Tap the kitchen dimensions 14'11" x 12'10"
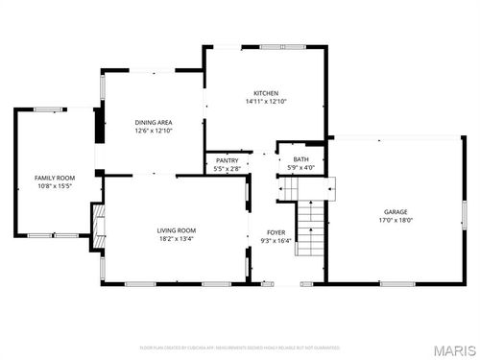coord(266,101)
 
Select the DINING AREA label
coord(153,122)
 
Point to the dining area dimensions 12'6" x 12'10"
coord(153,131)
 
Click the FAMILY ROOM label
coord(55,178)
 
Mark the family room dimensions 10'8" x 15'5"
coord(55,186)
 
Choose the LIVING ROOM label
coord(177,230)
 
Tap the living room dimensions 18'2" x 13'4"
coord(177,239)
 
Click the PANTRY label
coord(228,160)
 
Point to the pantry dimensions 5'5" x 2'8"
coord(228,168)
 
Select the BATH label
coord(301,159)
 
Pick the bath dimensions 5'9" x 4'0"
coord(301,168)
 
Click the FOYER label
coord(276,231)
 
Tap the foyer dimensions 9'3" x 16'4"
coord(276,240)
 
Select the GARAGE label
coord(396,211)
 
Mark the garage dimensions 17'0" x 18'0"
coord(396,220)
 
